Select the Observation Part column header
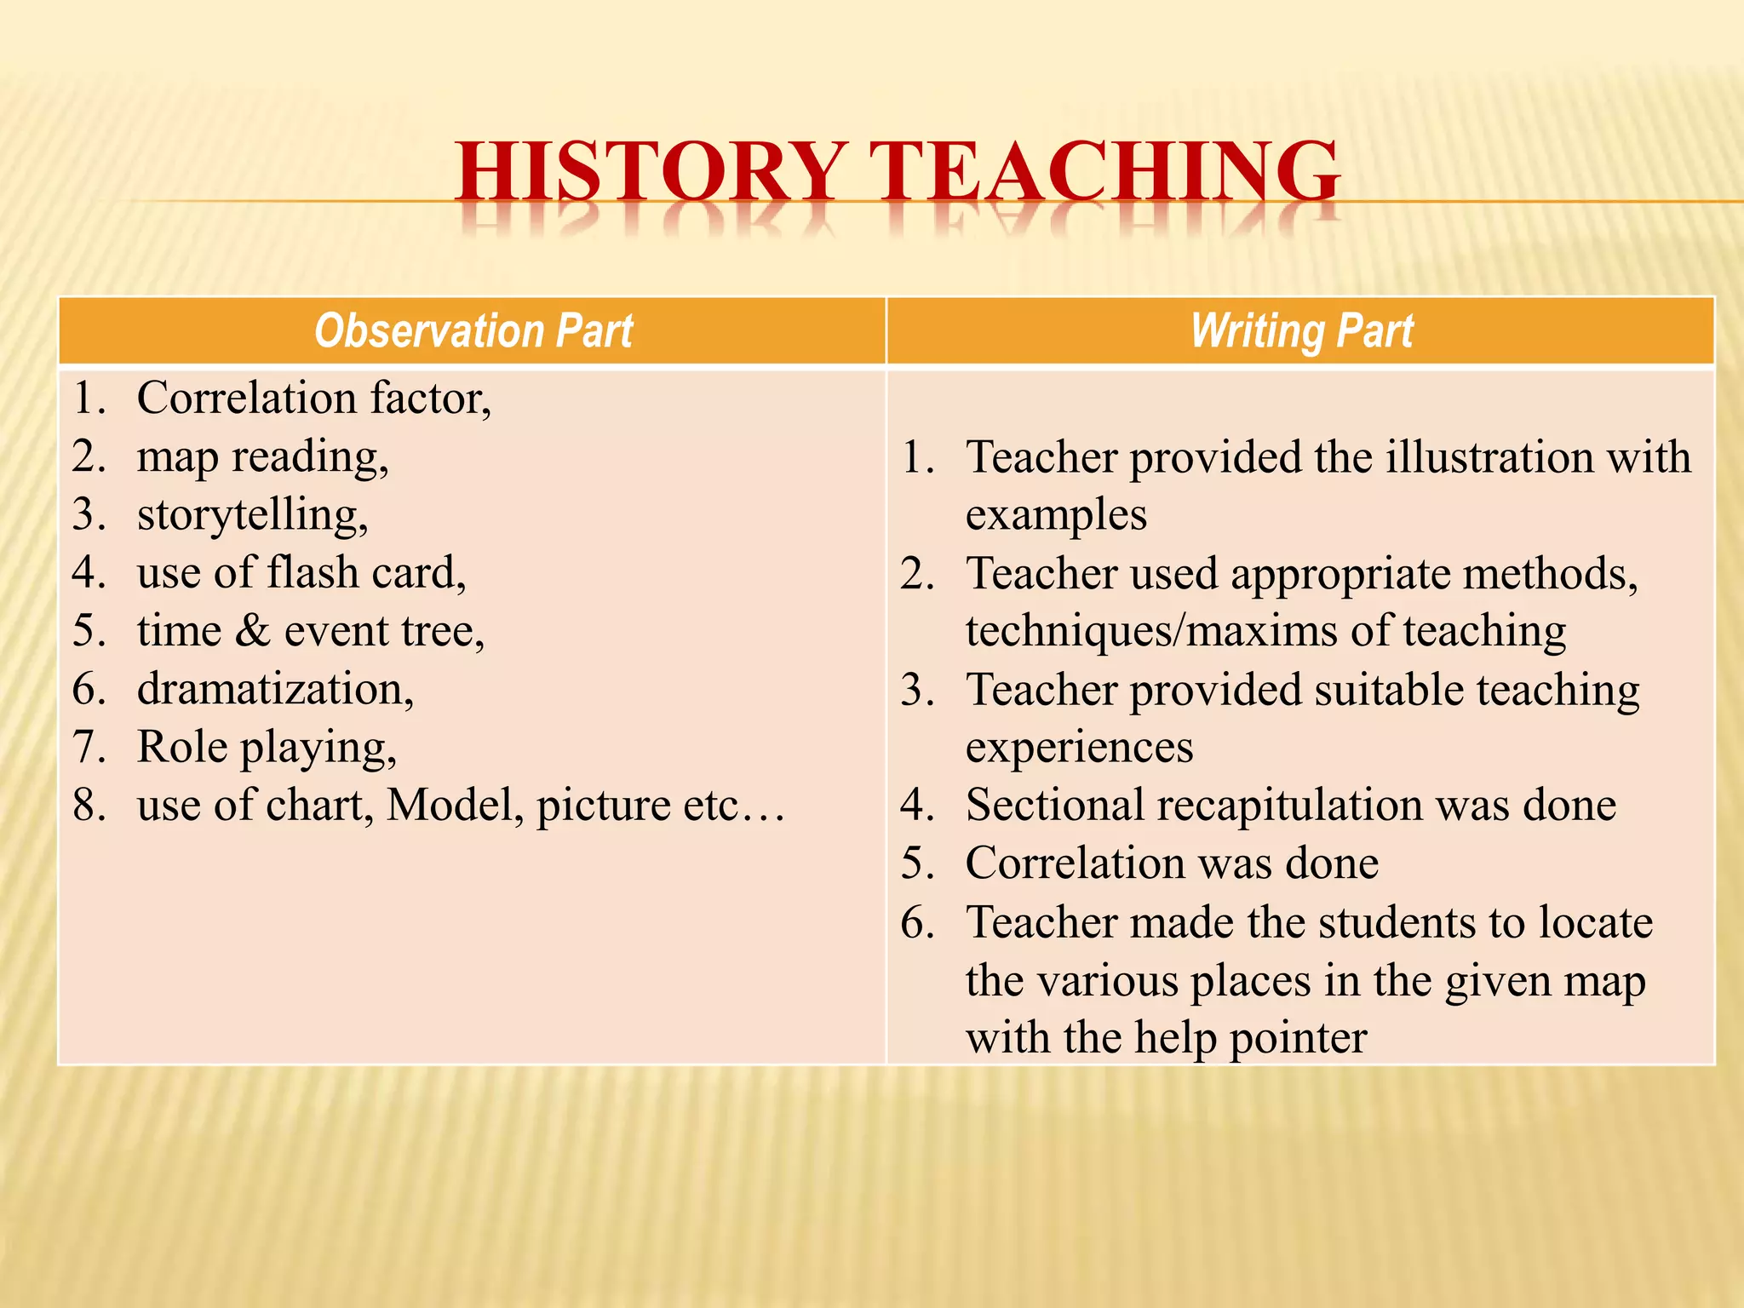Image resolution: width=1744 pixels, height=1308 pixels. (473, 330)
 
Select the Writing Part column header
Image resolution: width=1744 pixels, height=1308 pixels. (1301, 330)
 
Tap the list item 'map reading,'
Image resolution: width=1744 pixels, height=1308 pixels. (262, 457)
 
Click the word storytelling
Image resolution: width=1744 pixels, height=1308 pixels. (252, 515)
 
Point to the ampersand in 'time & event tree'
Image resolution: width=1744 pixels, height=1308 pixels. (253, 632)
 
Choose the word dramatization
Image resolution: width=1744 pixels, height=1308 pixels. (275, 689)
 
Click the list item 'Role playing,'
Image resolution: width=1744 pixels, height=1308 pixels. (267, 748)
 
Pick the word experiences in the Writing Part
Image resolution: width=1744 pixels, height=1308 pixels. (1079, 748)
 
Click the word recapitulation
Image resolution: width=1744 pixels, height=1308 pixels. (1289, 806)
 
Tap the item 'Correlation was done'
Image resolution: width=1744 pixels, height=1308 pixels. (1172, 863)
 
